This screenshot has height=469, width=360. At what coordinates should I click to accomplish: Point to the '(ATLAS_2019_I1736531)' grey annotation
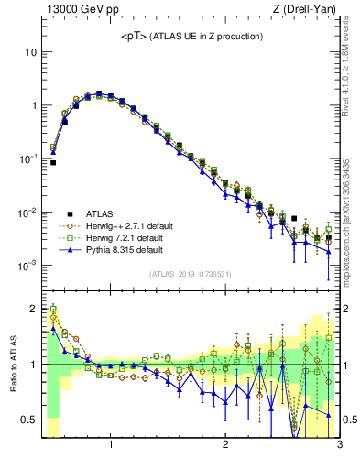click(191, 273)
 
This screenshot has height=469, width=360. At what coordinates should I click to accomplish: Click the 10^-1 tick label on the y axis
click(27, 158)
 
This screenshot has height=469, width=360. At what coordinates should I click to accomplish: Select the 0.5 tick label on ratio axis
click(28, 420)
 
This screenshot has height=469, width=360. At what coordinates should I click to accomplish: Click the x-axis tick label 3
click(339, 446)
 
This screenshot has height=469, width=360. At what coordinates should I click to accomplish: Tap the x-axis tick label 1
click(111, 446)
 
